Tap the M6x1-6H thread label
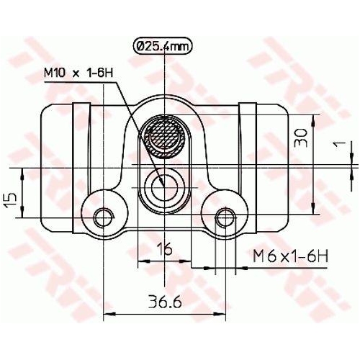(x=291, y=255)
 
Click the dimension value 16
(x=164, y=250)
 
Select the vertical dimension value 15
(x=11, y=199)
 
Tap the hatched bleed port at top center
(x=165, y=135)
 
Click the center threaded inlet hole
(x=164, y=186)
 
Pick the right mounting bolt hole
(x=226, y=215)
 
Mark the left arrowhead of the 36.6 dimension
(x=109, y=313)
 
